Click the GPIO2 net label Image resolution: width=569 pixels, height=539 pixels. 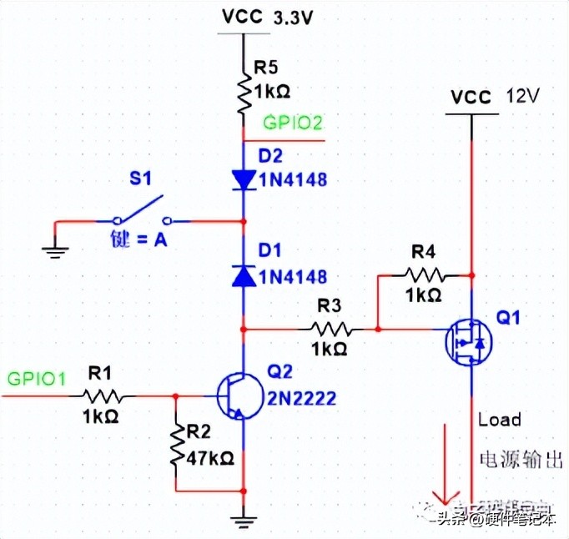293,123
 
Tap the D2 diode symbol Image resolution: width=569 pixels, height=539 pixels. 243,179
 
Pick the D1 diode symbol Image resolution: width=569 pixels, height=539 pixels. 243,276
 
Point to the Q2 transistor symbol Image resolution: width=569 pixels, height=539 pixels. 234,395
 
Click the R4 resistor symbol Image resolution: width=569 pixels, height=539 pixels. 425,273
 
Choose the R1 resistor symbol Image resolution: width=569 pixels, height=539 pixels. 103,395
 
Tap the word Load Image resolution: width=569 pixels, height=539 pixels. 499,419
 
